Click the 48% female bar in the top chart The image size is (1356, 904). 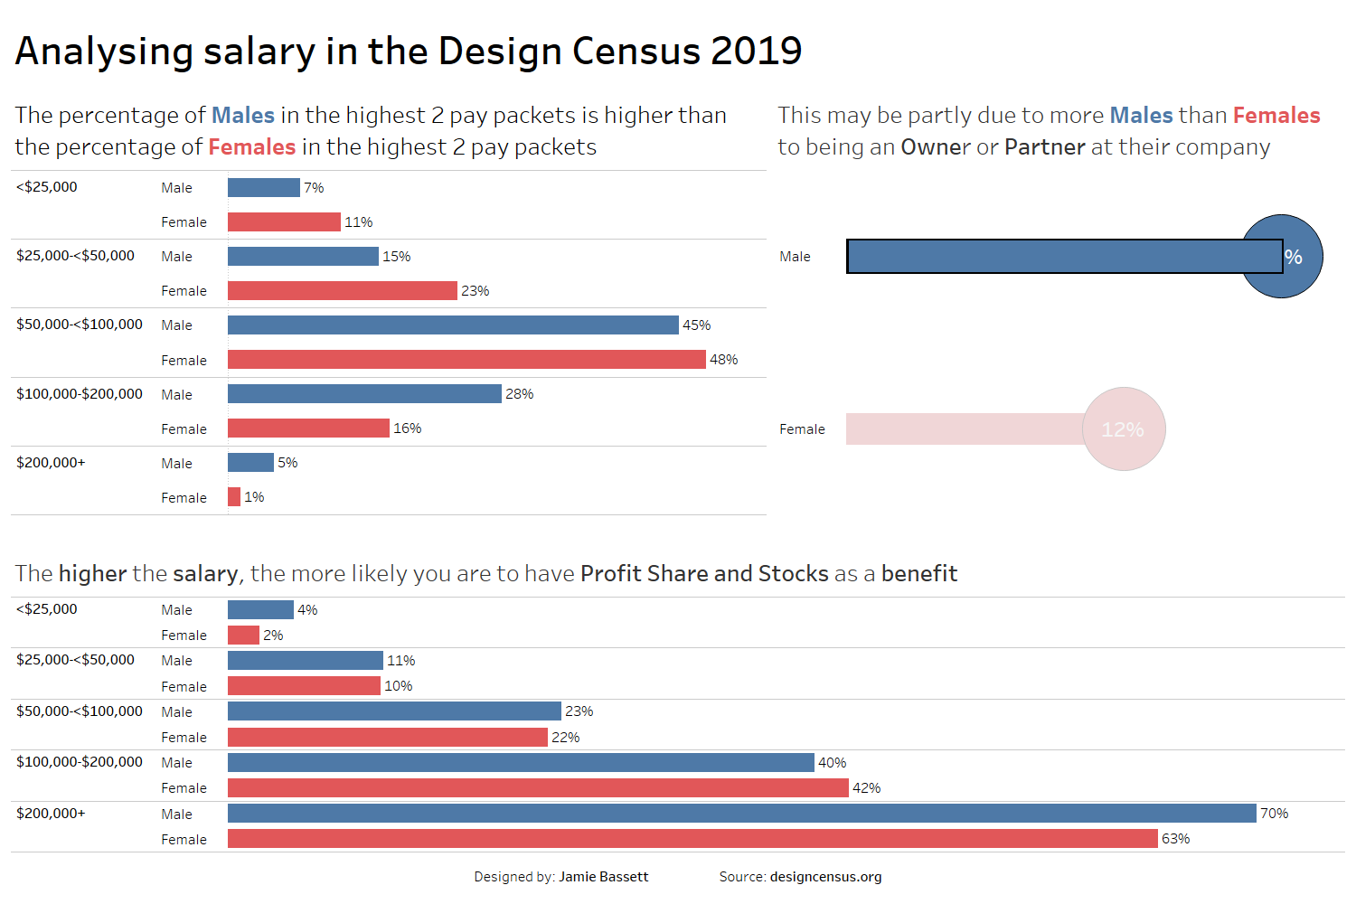tap(466, 360)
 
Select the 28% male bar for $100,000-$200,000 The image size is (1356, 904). tap(364, 394)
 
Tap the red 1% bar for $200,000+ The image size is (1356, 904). tap(234, 497)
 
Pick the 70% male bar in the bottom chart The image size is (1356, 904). tap(741, 814)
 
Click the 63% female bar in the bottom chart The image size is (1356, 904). tap(692, 839)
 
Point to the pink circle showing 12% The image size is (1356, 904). tap(1124, 429)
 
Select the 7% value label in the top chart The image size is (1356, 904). tap(314, 188)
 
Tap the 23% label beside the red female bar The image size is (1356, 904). tap(475, 291)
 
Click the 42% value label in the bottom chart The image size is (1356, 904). tap(866, 788)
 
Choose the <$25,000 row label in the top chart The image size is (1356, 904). tap(47, 187)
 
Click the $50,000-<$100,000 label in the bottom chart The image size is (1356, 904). tap(80, 711)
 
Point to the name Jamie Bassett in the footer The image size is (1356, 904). tap(603, 877)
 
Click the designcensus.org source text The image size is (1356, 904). tap(825, 877)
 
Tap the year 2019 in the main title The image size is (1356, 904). tap(756, 52)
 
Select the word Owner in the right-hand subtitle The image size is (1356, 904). tap(936, 147)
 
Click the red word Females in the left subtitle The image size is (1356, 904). tap(252, 147)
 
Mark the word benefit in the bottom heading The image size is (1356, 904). tap(918, 574)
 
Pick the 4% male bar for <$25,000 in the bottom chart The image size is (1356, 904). tap(260, 610)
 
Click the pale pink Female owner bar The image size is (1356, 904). tap(964, 429)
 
